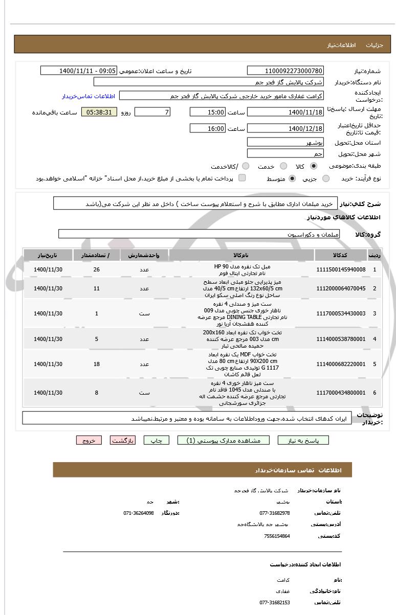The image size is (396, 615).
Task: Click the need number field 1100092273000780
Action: point(285,71)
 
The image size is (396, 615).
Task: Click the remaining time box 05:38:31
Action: point(99,112)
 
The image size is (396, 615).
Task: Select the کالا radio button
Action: point(313,166)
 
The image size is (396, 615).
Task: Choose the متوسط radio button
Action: point(292,178)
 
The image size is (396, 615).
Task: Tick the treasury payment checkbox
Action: point(242,178)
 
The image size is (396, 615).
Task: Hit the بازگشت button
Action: point(123,440)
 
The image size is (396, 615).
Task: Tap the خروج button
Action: point(89,440)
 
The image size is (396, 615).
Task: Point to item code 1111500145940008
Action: point(341,269)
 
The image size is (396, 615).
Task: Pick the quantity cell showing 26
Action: point(97,269)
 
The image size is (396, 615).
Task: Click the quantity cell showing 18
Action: point(97,364)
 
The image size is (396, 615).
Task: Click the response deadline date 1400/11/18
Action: point(285,112)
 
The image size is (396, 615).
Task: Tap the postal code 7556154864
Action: point(277,536)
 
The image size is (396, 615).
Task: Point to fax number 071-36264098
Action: point(139,513)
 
